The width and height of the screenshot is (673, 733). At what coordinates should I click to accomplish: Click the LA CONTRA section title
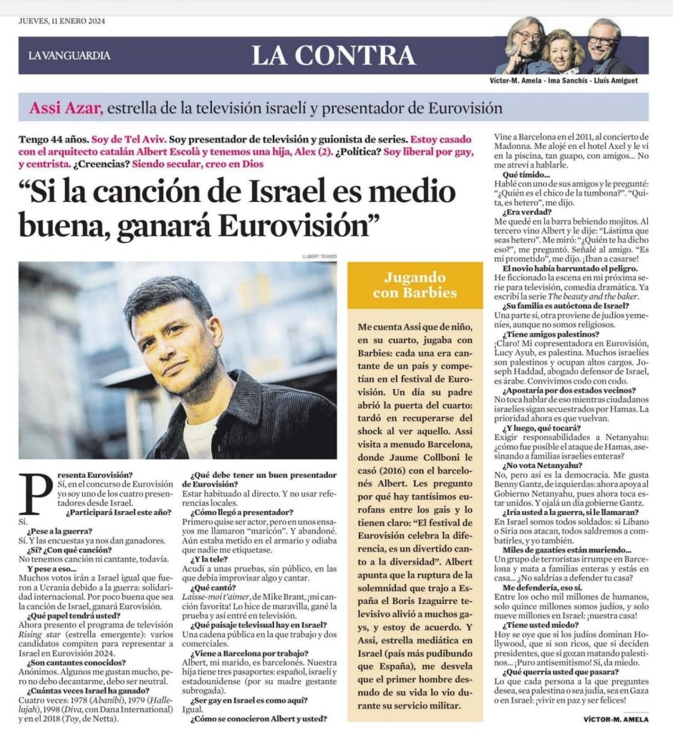(334, 55)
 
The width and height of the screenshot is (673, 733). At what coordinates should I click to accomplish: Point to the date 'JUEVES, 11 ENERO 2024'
(62, 20)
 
